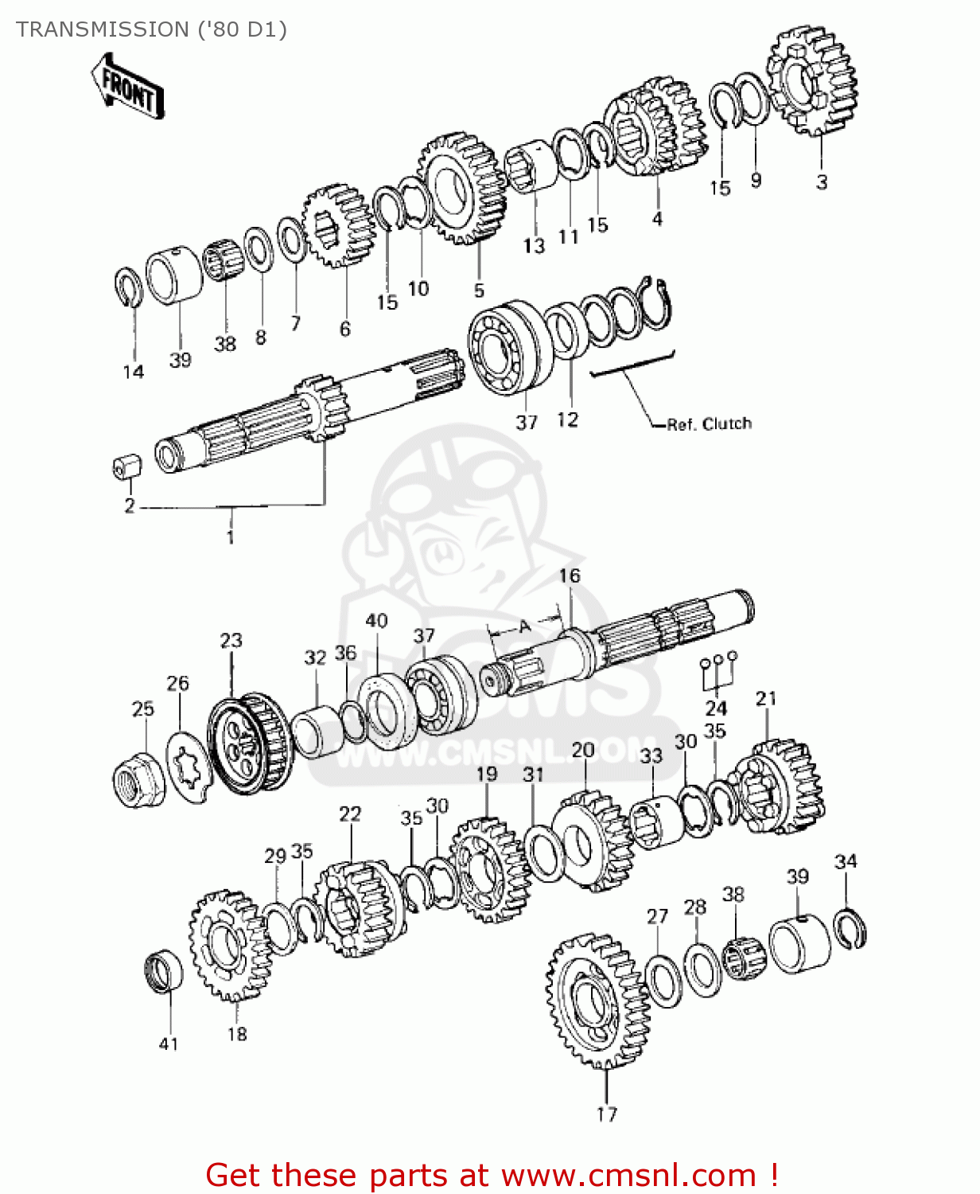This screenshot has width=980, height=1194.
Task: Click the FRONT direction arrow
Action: (127, 86)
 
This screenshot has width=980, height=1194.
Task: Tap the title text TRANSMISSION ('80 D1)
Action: (151, 29)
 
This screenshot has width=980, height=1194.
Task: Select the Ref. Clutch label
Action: (709, 423)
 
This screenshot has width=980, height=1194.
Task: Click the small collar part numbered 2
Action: (126, 466)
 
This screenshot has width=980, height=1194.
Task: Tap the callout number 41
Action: (169, 1044)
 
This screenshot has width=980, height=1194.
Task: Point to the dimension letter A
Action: (524, 627)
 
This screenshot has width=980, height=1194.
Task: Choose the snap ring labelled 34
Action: (850, 927)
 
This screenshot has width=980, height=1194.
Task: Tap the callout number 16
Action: (570, 576)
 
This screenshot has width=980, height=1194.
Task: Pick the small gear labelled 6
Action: (337, 226)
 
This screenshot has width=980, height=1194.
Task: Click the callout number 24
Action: (716, 708)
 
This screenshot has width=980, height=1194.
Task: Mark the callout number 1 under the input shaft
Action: (230, 537)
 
